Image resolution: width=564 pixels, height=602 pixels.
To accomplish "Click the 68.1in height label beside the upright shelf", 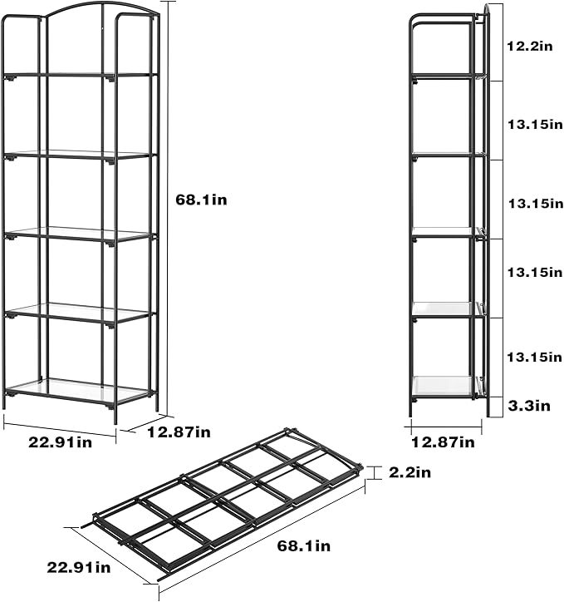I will tap(202, 200).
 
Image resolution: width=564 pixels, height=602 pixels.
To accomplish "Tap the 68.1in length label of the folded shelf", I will tap(303, 546).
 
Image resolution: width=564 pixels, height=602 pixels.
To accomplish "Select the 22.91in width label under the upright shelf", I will tap(60, 442).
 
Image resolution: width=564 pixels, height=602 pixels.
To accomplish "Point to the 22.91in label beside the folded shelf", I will tap(79, 568).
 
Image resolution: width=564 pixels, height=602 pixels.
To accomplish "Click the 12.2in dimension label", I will tap(530, 47).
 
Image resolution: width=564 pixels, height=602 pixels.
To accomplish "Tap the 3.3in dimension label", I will tap(530, 406).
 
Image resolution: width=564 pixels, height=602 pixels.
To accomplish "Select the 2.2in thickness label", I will tap(410, 472).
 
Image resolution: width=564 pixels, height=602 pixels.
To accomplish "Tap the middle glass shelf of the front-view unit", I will tap(79, 234).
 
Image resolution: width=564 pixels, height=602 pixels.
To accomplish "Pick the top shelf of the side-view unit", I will tap(444, 76).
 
